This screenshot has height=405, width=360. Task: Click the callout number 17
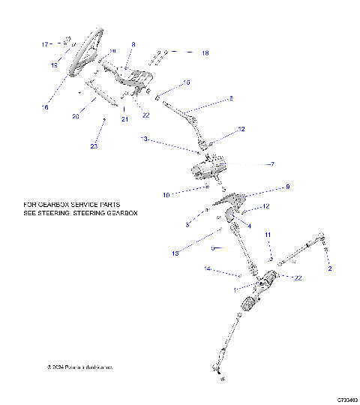pos(43,44)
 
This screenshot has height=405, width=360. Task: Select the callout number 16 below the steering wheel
pos(45,107)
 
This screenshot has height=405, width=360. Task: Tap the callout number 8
pos(133,45)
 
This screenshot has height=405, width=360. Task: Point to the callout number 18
pos(205,53)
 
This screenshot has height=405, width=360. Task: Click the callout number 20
pos(76,116)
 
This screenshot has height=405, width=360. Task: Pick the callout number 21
pos(125,120)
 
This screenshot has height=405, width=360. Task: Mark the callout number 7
pos(273,164)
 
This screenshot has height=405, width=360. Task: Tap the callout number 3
pos(187,224)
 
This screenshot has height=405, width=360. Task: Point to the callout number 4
pos(249,225)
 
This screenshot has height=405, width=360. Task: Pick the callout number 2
pos(328,268)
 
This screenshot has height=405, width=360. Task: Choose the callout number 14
pos(208,268)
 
